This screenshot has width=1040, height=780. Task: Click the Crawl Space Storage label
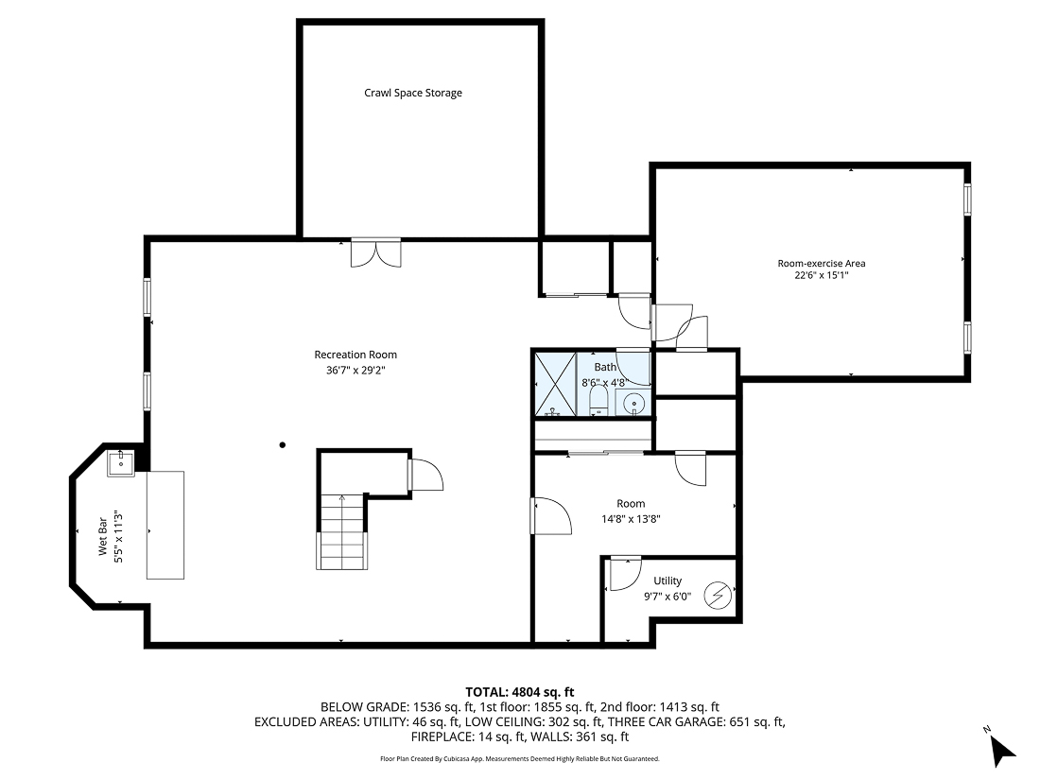point(413,93)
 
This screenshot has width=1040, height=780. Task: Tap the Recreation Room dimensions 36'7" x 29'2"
point(355,371)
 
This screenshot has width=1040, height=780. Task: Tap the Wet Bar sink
point(121,464)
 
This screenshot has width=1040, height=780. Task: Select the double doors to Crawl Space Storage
point(375,253)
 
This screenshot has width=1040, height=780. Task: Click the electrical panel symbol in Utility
point(719,597)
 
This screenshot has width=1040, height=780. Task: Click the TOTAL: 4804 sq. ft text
point(519,691)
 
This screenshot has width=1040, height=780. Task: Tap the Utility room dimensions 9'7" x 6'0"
point(667,597)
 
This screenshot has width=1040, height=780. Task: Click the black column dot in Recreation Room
point(282,443)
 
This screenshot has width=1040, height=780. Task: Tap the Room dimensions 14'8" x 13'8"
point(631,519)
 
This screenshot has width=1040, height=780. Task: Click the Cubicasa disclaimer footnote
point(519,758)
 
